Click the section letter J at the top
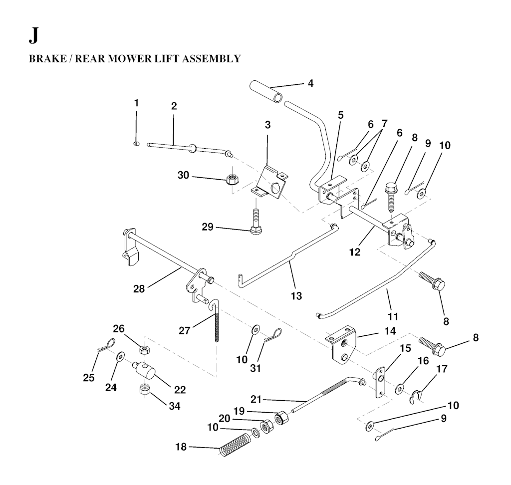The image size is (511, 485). pos(33,36)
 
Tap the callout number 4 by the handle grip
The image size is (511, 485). pos(310,83)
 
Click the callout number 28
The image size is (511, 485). pos(139,289)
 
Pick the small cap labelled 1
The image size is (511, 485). pos(137,143)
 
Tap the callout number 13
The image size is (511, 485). pos(296,296)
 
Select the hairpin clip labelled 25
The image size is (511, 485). pos(106,346)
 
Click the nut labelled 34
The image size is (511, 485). pos(144,389)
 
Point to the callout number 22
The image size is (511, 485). pos(180,390)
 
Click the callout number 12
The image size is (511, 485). pos(355,252)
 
